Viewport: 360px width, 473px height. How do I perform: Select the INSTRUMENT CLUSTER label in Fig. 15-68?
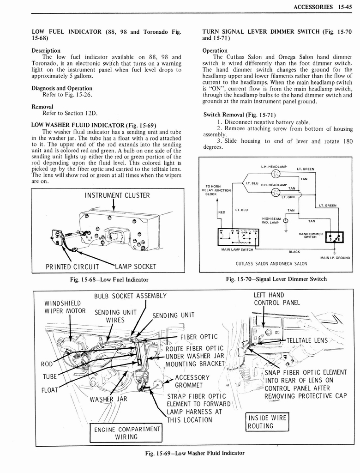click(117, 195)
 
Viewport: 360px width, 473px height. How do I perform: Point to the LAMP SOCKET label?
click(135, 267)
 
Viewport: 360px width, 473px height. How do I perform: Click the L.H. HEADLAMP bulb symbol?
click(276, 174)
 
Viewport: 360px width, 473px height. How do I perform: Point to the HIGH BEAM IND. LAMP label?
click(271, 221)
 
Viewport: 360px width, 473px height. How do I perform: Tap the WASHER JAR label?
click(108, 399)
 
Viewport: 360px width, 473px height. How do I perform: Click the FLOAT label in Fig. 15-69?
click(49, 389)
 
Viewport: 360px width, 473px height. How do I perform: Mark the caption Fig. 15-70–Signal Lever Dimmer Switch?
click(276, 279)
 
